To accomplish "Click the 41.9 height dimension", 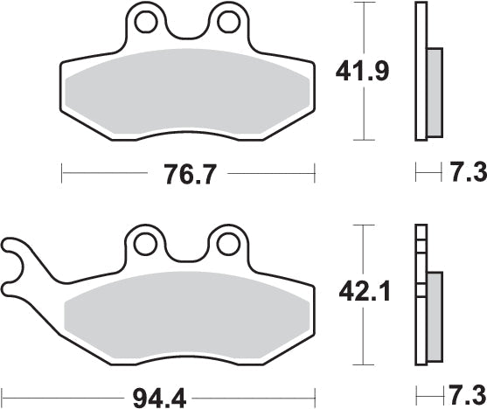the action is click(362, 72).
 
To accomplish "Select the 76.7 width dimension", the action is click(189, 174).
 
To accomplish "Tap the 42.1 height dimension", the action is click(365, 292).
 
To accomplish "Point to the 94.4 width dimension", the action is click(159, 399).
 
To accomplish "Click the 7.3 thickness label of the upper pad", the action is click(469, 173).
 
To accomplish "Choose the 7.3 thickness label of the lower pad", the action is click(468, 396).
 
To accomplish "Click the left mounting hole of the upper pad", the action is click(145, 22).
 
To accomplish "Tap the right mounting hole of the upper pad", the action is click(229, 22).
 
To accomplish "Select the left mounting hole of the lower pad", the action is click(145, 245).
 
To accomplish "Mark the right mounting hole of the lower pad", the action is click(228, 245).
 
